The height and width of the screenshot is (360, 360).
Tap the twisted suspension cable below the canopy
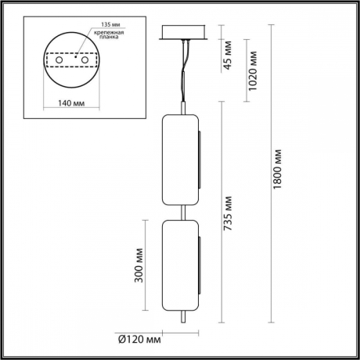185,67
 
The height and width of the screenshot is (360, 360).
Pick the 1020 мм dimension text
252,71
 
